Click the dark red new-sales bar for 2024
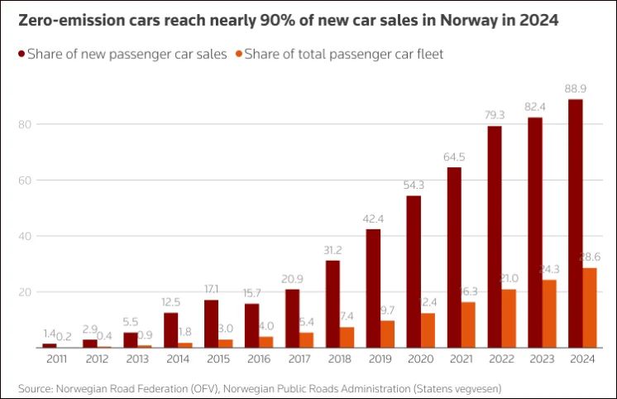point(575,224)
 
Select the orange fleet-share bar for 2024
point(590,308)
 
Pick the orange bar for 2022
point(509,319)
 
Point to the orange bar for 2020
point(428,330)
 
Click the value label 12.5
point(171,304)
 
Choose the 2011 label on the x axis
point(57,359)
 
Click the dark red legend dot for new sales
point(19,55)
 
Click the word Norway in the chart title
point(462,20)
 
